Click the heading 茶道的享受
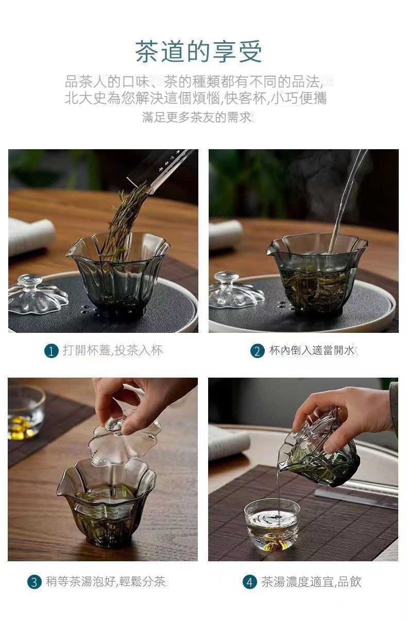[x=198, y=51]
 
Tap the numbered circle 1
[x=51, y=351]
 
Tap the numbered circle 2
[x=257, y=351]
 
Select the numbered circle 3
[x=34, y=582]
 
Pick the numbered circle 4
[x=249, y=582]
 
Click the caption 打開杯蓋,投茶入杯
[x=113, y=350]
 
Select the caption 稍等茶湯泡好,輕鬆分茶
[x=106, y=581]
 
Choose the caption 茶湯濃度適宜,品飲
[x=311, y=582]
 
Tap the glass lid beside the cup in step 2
[x=236, y=290]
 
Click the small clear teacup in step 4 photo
[x=272, y=524]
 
